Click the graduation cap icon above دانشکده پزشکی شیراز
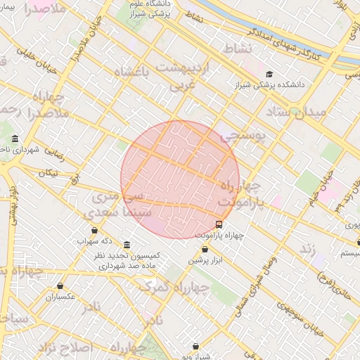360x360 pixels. pyautogui.click(x=269, y=74)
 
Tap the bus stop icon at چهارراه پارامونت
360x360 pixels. pyautogui.click(x=219, y=224)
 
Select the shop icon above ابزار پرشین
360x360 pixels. pyautogui.click(x=205, y=250)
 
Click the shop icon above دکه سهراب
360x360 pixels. pyautogui.click(x=95, y=230)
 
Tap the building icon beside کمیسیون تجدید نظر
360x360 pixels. pyautogui.click(x=127, y=245)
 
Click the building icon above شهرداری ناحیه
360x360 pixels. pyautogui.click(x=15, y=139)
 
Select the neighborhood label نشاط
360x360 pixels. pyautogui.click(x=238, y=48)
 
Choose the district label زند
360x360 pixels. pyautogui.click(x=307, y=249)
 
